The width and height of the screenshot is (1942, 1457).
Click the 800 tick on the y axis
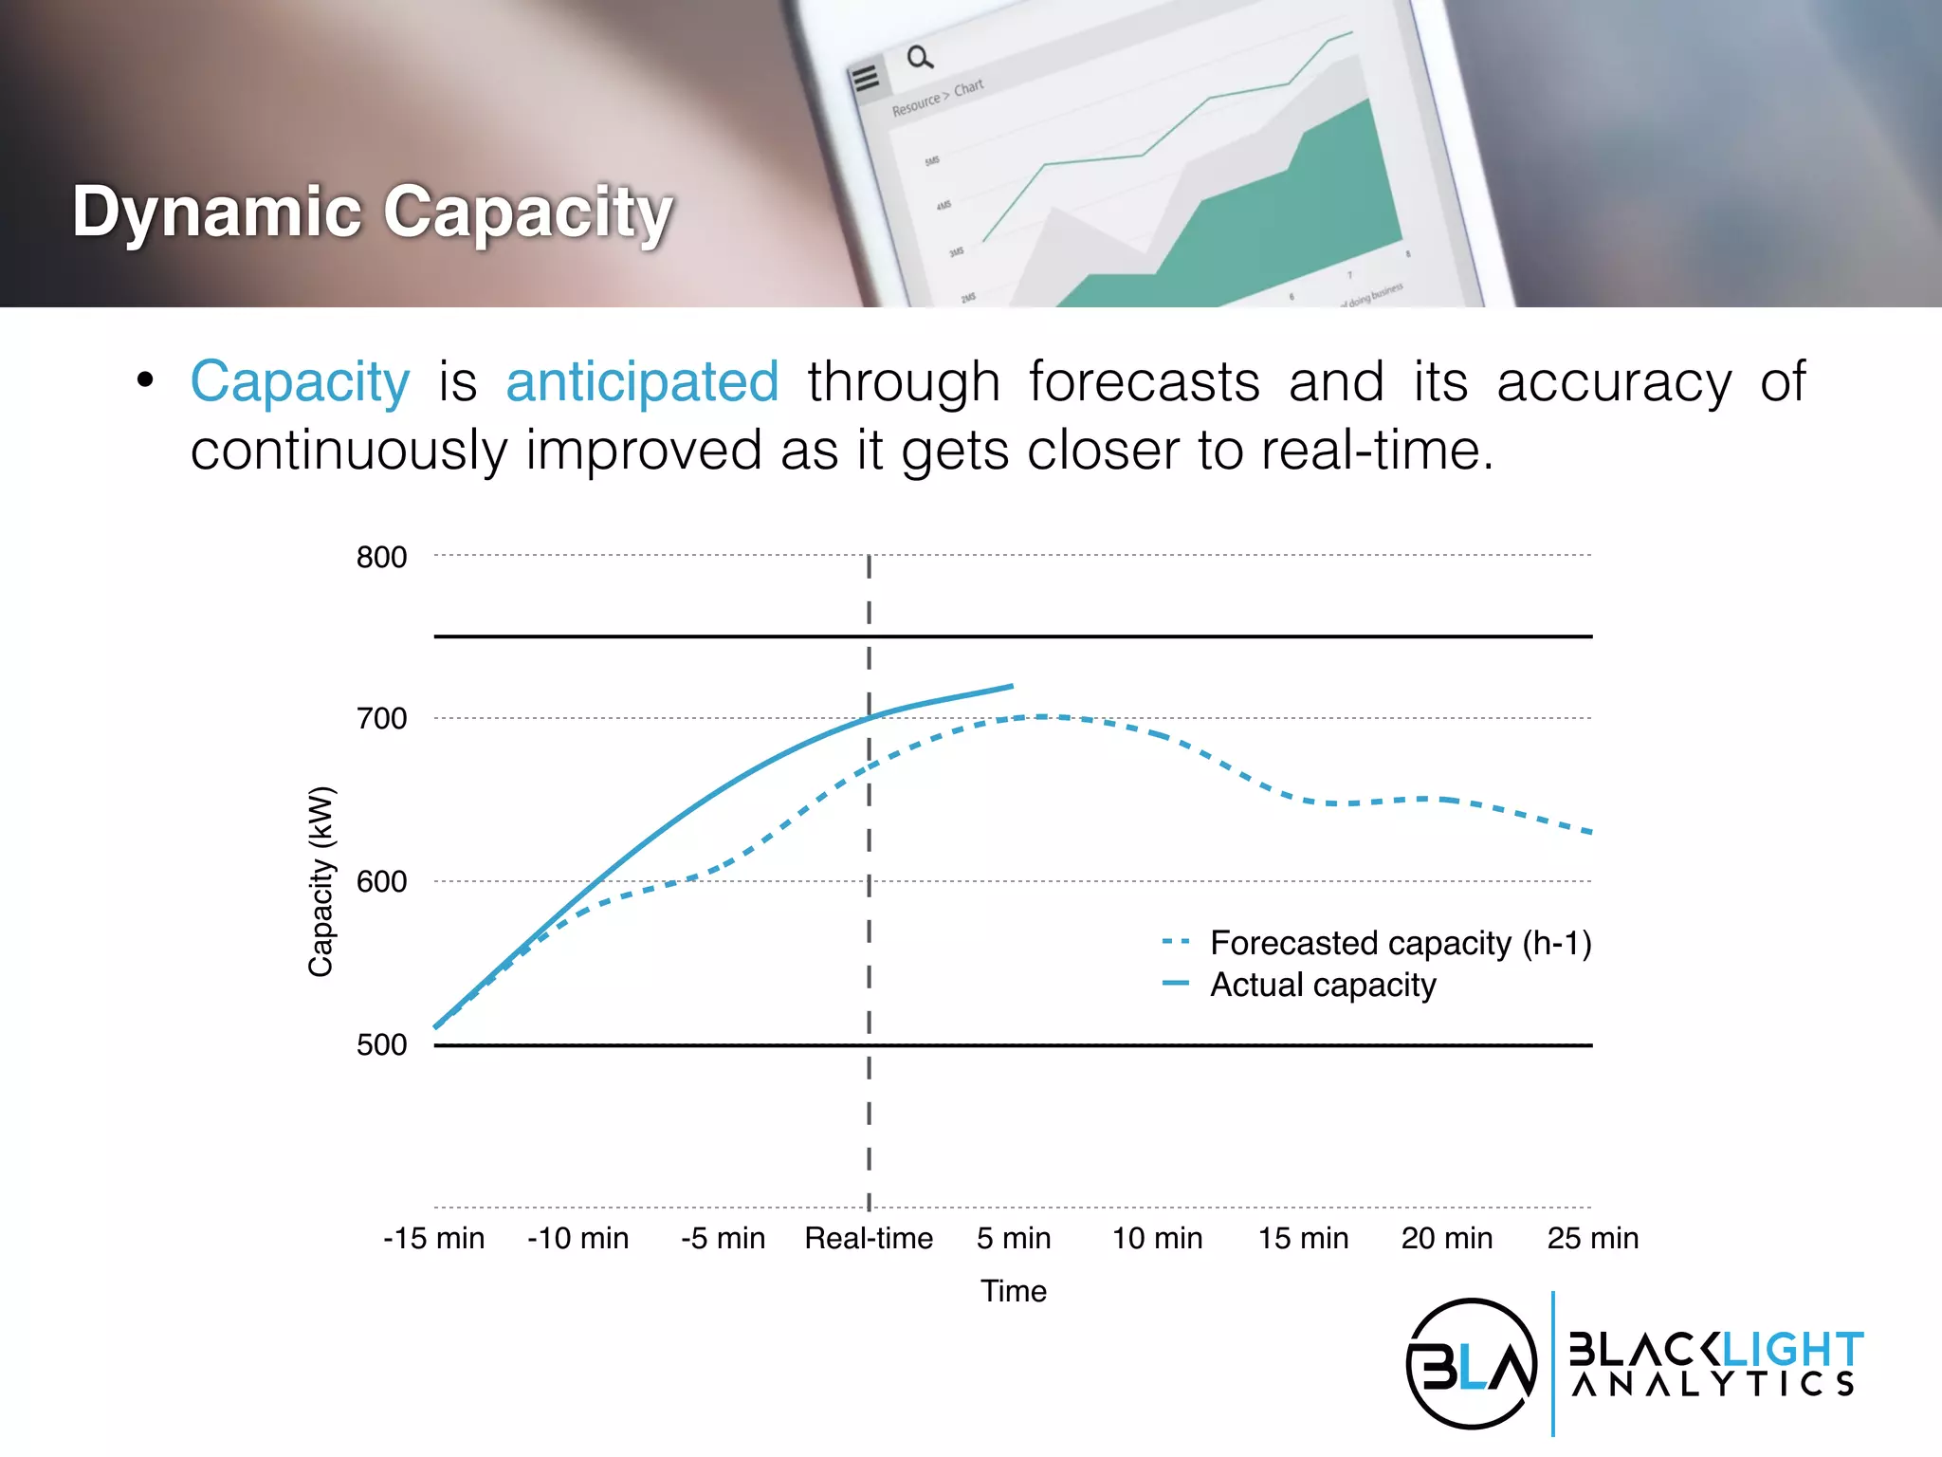[381, 558]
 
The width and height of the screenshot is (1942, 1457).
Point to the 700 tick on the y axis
[381, 719]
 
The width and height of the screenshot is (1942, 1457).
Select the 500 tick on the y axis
[381, 1045]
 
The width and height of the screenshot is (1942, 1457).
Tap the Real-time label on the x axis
[869, 1239]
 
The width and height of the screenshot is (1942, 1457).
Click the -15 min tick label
[433, 1239]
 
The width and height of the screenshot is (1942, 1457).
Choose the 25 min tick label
[1592, 1239]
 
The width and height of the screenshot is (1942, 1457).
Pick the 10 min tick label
[1157, 1239]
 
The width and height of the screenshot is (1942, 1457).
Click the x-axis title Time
[1013, 1292]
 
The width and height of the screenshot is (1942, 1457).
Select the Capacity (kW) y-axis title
[321, 881]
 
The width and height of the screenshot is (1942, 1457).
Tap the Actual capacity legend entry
[1322, 985]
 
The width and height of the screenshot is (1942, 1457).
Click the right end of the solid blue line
[1012, 686]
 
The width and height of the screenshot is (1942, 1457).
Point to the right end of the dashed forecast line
[1589, 832]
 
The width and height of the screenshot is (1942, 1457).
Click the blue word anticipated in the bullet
[642, 382]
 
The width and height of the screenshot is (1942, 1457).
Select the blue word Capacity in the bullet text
[300, 382]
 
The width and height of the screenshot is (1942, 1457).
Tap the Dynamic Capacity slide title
[372, 212]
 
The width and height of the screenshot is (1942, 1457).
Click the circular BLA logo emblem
[1471, 1363]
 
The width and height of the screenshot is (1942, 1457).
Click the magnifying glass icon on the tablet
[919, 58]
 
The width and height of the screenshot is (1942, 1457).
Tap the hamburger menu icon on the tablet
[865, 78]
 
